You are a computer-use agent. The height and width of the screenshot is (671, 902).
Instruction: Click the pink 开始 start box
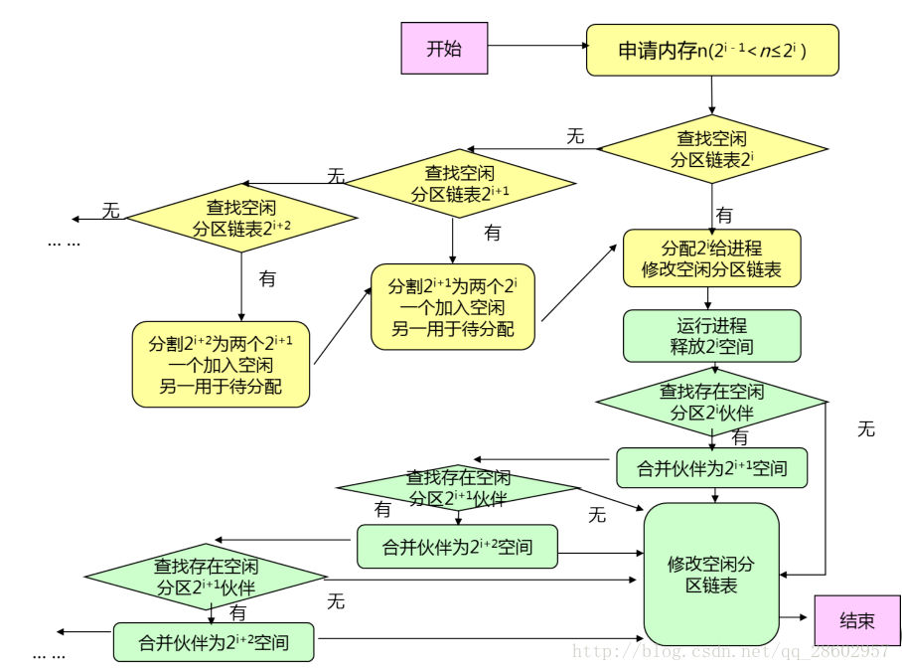point(444,49)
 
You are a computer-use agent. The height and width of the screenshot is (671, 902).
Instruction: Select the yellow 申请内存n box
point(711,50)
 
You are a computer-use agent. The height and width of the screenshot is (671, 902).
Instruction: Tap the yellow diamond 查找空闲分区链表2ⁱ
point(711,149)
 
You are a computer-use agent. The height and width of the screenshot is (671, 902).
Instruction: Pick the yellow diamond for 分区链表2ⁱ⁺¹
point(460,183)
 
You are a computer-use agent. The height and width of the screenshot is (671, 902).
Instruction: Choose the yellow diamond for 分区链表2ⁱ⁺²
point(241,218)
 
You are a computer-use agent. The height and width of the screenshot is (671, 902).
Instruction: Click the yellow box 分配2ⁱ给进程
point(711,258)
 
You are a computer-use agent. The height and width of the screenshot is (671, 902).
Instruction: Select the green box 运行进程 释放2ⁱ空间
point(711,336)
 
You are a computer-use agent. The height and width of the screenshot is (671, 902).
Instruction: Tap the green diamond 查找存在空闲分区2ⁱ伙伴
point(711,403)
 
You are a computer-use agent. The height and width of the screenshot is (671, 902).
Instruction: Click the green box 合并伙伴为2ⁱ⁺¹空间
point(711,468)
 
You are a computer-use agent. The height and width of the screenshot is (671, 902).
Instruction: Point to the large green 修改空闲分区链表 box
point(711,574)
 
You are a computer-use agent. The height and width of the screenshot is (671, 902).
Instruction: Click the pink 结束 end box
point(856,620)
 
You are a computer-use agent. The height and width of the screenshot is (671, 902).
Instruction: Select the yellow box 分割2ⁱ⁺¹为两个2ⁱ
point(452,306)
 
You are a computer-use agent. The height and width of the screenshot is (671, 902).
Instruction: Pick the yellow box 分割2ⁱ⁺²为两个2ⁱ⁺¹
point(221,364)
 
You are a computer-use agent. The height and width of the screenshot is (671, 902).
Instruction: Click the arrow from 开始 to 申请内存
point(536,46)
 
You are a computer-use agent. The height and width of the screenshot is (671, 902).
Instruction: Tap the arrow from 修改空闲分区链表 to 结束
point(795,617)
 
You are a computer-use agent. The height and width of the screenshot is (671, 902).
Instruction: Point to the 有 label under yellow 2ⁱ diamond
point(725,215)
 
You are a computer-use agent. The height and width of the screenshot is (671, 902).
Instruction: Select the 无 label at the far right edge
point(866,428)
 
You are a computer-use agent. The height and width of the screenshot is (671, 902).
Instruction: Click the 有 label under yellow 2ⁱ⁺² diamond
point(267,279)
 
